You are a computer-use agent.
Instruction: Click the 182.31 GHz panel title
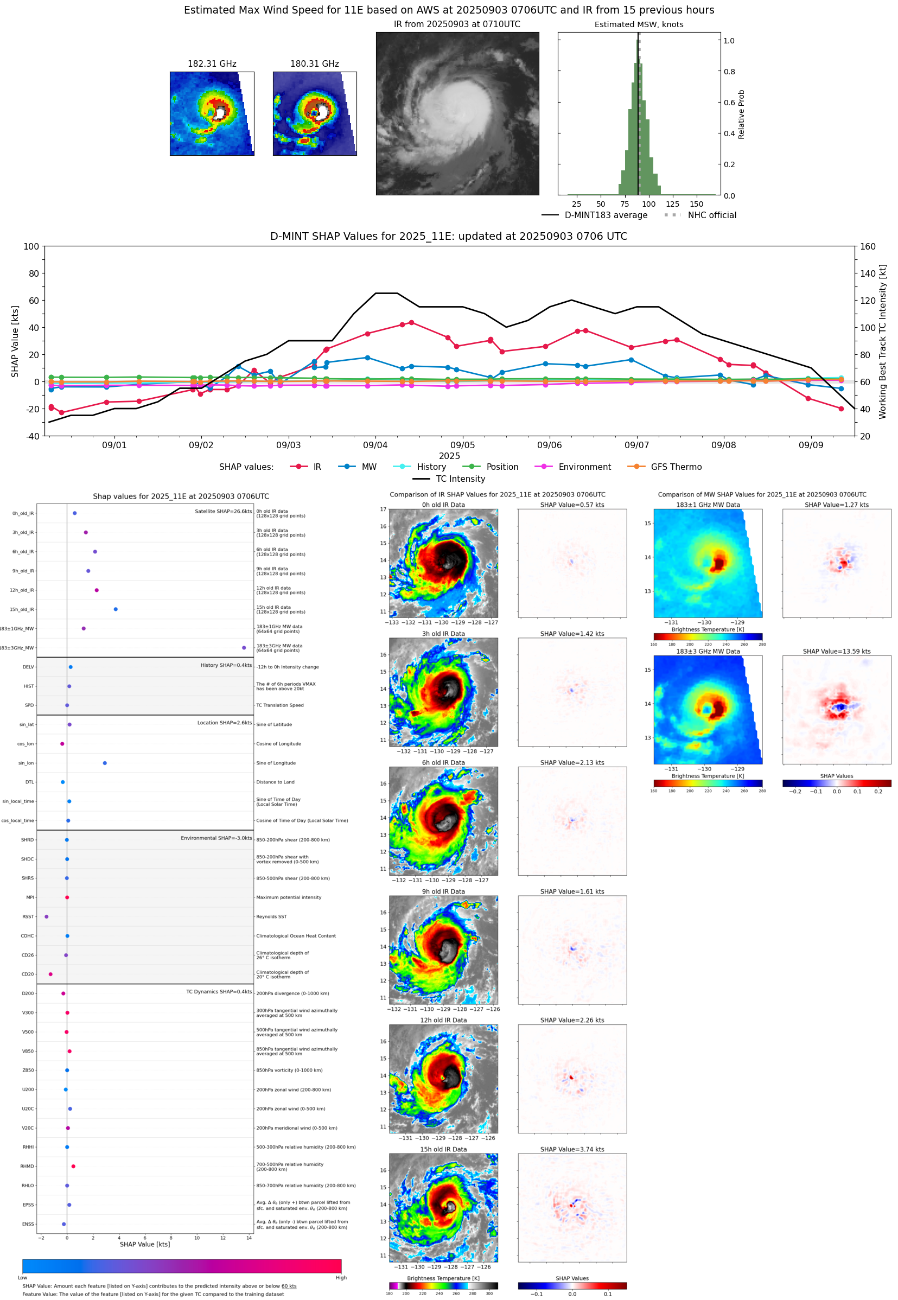click(x=212, y=64)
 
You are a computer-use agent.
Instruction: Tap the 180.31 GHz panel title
click(x=315, y=64)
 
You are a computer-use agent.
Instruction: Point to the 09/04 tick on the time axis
click(x=375, y=445)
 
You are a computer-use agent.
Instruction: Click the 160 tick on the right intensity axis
click(x=868, y=246)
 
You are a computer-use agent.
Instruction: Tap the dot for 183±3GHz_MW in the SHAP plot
click(x=244, y=648)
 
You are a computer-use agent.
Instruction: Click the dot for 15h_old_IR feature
click(x=116, y=609)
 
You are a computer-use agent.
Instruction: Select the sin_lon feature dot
click(x=105, y=763)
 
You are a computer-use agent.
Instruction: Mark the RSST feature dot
click(x=46, y=917)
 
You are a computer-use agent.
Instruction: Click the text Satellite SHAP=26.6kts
click(x=224, y=512)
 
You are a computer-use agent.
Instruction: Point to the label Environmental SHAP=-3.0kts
click(x=216, y=838)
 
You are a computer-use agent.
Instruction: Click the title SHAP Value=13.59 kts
click(x=836, y=652)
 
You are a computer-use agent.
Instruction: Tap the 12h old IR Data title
click(x=443, y=1021)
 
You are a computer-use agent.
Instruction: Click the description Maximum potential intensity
click(x=289, y=898)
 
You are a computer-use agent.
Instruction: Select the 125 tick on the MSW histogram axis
click(x=672, y=204)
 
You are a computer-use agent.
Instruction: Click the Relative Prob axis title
click(x=741, y=114)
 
